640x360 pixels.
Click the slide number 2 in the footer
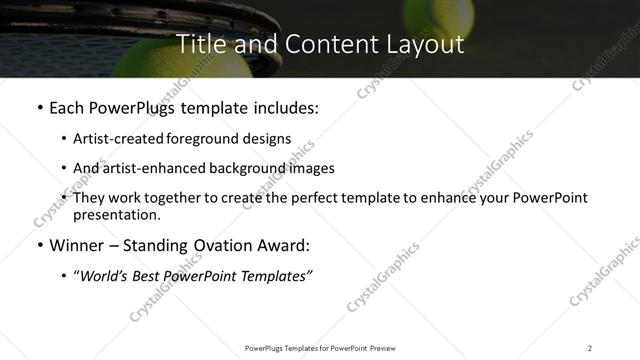tap(590, 348)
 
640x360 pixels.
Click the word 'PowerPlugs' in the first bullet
tap(135, 108)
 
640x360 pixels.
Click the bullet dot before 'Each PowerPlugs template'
tap(38, 108)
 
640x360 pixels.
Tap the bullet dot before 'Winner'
tap(38, 245)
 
